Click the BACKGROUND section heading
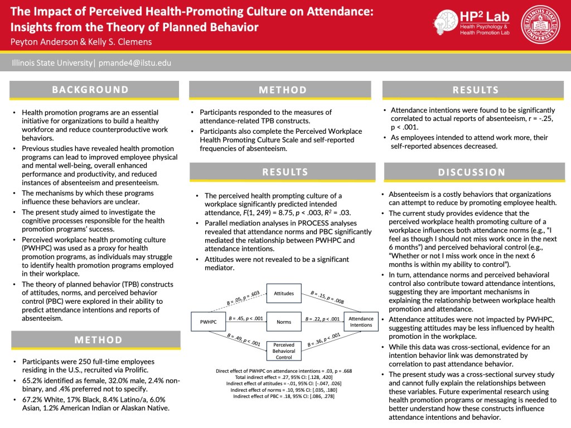click(x=90, y=90)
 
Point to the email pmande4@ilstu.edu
click(x=135, y=63)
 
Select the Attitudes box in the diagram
click(x=284, y=293)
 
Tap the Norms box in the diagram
click(x=284, y=322)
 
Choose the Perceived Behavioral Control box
click(x=284, y=351)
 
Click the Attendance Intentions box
click(x=361, y=322)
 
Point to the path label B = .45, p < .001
click(x=245, y=319)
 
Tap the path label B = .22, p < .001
click(x=322, y=319)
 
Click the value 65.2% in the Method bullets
click(x=33, y=381)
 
